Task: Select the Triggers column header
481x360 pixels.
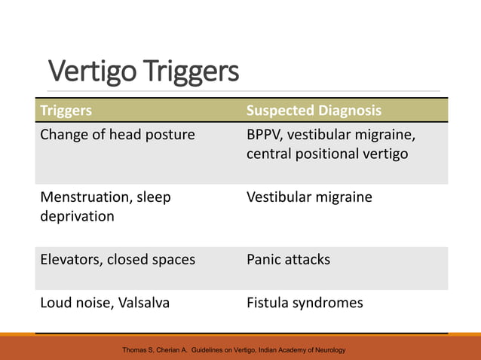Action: [x=66, y=111]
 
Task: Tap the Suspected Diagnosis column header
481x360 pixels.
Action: [x=314, y=111]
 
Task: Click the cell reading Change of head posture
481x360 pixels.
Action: [x=117, y=135]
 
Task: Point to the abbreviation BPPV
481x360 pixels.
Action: [x=265, y=135]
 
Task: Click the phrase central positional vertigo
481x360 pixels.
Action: [x=327, y=154]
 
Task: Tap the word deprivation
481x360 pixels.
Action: [x=77, y=216]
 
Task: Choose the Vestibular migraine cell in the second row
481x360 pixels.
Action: [x=309, y=197]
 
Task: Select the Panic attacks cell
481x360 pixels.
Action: [x=289, y=260]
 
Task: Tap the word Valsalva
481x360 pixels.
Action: [x=143, y=303]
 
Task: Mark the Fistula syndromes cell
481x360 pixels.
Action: [x=305, y=303]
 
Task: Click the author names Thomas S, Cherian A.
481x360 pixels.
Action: [x=155, y=351]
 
